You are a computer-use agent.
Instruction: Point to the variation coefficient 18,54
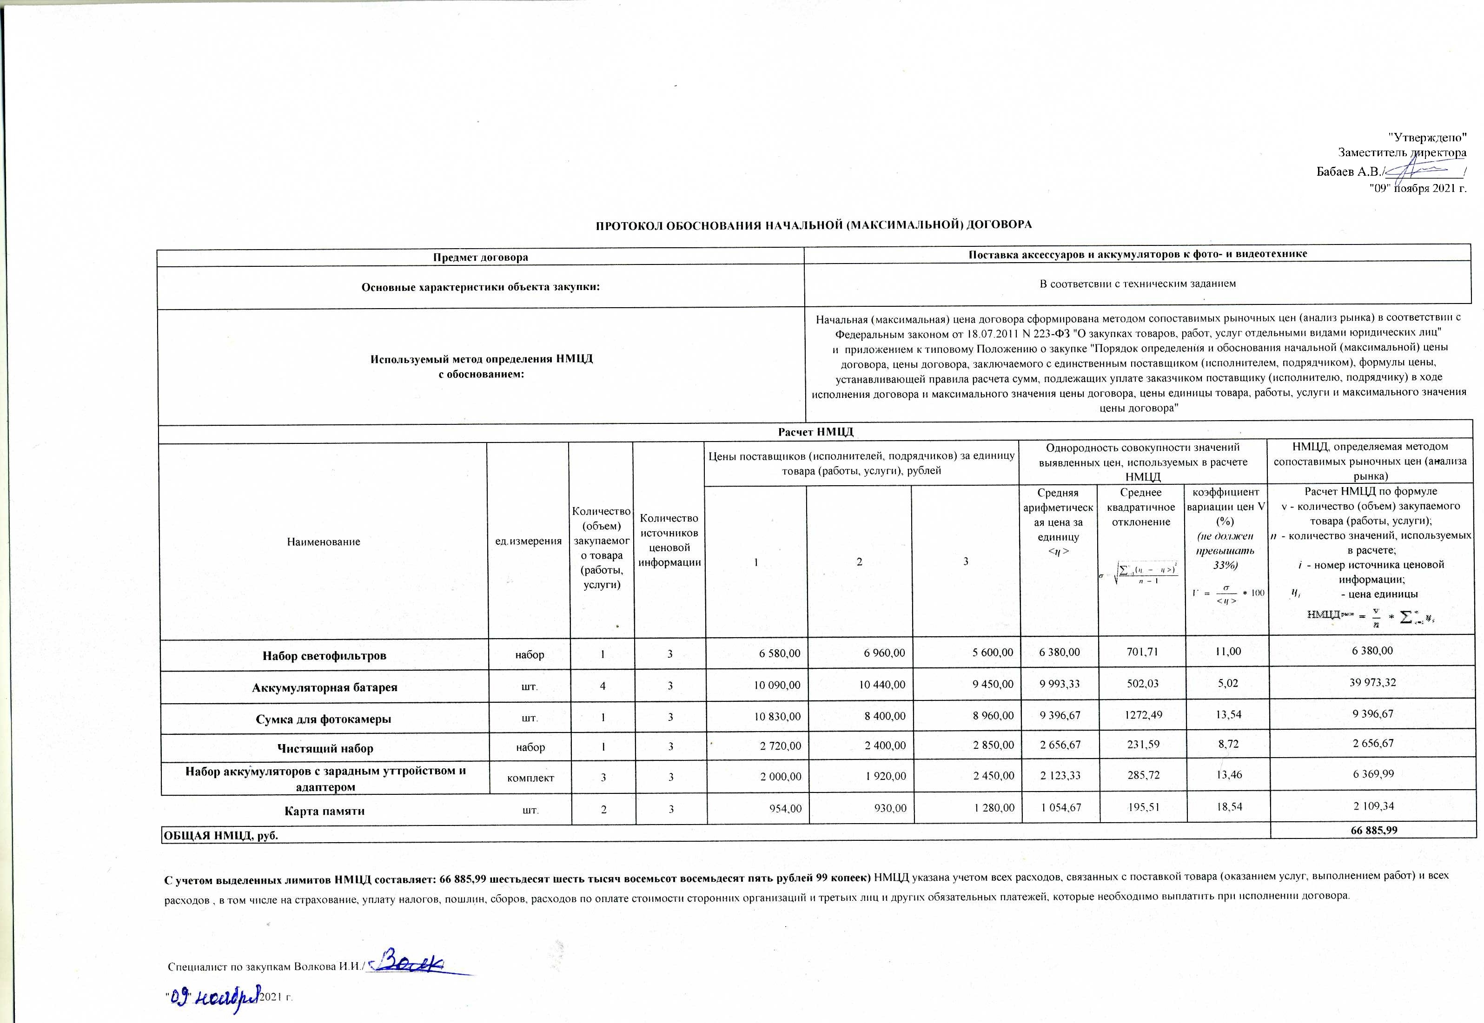click(x=1227, y=806)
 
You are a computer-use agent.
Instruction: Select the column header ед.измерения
click(x=528, y=541)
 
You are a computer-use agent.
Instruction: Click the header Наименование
click(x=324, y=541)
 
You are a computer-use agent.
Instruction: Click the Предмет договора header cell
click(x=480, y=257)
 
